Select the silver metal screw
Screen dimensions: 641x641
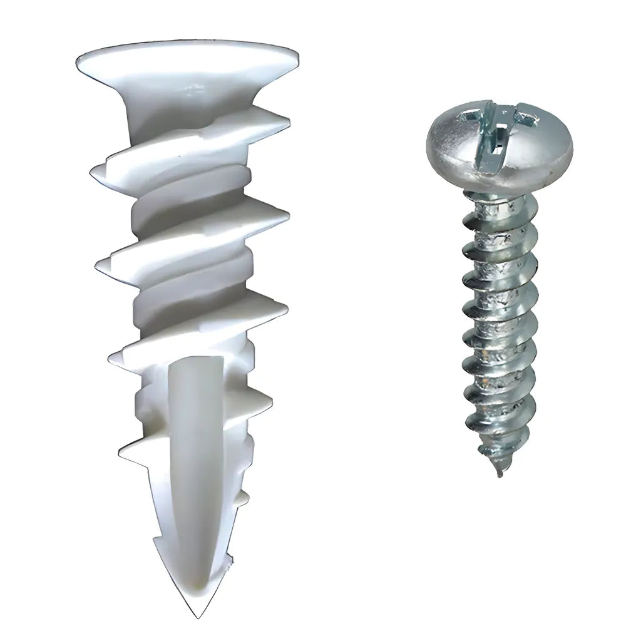(499, 282)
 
